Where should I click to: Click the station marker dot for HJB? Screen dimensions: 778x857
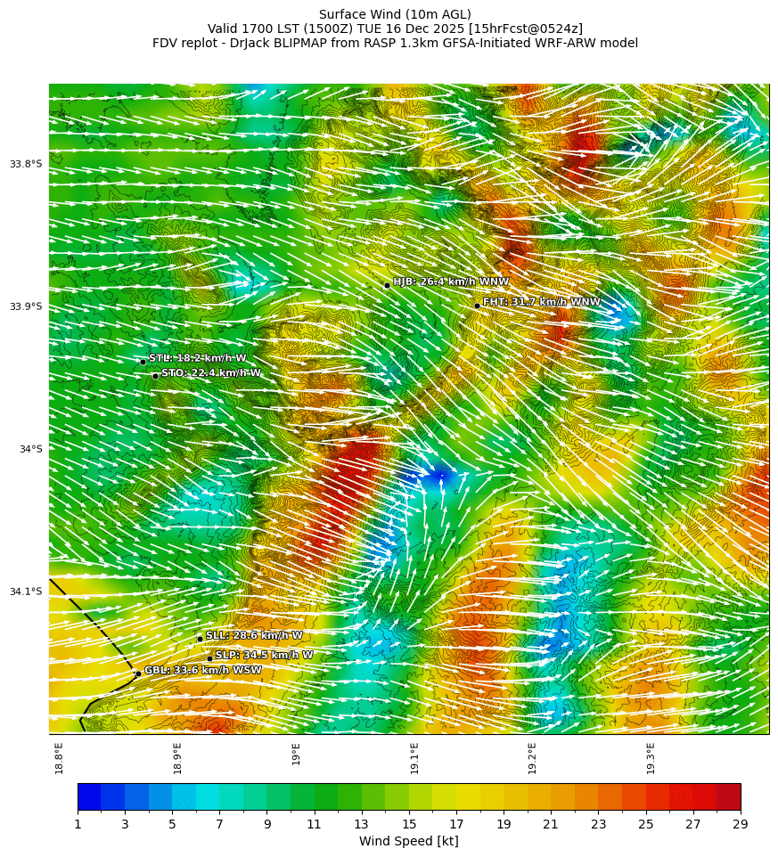387,285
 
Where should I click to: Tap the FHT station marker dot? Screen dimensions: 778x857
477,306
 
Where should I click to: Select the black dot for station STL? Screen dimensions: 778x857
143,362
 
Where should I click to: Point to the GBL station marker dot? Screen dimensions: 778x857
138,673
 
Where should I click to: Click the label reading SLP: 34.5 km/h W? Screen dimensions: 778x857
264,655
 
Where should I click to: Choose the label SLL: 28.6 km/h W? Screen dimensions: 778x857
254,635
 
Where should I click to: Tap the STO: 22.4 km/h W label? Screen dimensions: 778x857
211,372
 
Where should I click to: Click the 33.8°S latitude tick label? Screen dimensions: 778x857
26,164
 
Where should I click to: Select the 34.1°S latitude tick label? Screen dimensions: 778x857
26,592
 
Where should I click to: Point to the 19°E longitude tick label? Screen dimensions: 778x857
296,754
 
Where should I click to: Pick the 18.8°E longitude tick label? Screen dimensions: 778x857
60,758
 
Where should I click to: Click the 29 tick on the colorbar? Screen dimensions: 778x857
740,824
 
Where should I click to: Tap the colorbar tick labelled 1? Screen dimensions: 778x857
78,824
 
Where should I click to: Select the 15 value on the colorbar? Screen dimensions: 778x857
409,824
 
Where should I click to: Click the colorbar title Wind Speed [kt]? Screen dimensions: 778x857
408,841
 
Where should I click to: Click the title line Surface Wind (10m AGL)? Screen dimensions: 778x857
395,14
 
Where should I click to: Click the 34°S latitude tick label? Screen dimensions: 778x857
30,449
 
